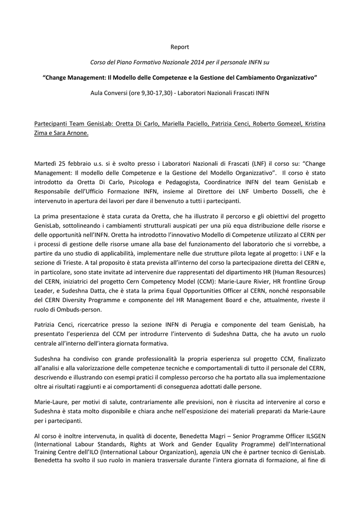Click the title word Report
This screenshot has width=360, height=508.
click(180, 47)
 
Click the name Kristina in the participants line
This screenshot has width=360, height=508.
click(314, 124)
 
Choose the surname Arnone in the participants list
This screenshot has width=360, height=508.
click(76, 133)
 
